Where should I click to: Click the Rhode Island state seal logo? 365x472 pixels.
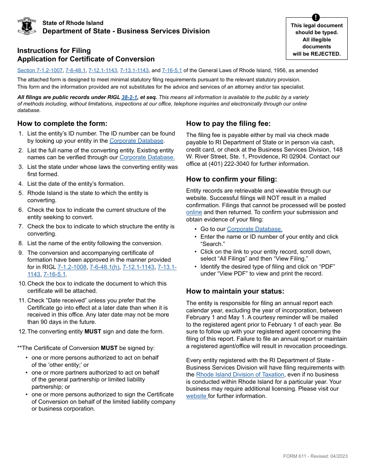click(27, 26)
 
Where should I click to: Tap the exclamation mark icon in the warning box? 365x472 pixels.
click(316, 18)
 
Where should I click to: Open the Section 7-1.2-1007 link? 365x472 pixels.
click(40, 71)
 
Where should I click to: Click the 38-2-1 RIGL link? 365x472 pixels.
click(129, 97)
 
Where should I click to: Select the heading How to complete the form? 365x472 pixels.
click(62, 124)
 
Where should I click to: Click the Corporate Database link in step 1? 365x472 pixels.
click(136, 141)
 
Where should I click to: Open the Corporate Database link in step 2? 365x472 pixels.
click(147, 157)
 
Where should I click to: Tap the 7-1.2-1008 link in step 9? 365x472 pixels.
click(72, 267)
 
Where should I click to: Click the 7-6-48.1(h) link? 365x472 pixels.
click(105, 267)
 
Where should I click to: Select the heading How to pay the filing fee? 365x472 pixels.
click(228, 124)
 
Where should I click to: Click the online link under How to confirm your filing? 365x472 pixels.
click(194, 213)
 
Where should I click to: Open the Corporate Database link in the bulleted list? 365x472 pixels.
click(254, 229)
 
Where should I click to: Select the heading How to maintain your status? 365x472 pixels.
click(235, 291)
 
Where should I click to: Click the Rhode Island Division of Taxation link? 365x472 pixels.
click(240, 375)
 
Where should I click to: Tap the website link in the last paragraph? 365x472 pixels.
click(197, 396)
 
